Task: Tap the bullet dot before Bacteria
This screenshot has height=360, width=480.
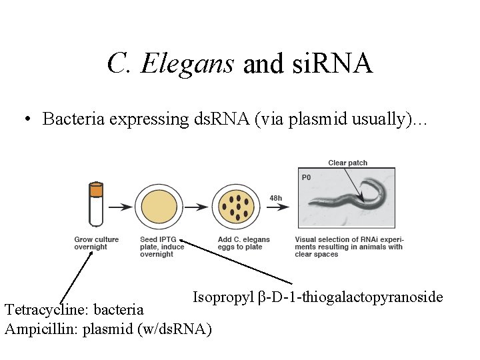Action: coord(26,120)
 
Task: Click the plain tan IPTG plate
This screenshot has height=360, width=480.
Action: coord(158,207)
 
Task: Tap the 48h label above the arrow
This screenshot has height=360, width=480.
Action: coord(275,197)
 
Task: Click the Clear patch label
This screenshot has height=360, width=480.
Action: coord(347,163)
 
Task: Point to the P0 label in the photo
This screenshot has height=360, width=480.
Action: coord(307,177)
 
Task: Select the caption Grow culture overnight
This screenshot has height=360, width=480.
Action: coord(96,243)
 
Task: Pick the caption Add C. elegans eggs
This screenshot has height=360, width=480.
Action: coord(243,243)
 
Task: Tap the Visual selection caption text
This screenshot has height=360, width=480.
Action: coord(349,247)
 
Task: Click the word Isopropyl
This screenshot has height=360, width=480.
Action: coord(223,297)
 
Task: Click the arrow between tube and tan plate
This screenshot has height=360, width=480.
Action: coord(120,207)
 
